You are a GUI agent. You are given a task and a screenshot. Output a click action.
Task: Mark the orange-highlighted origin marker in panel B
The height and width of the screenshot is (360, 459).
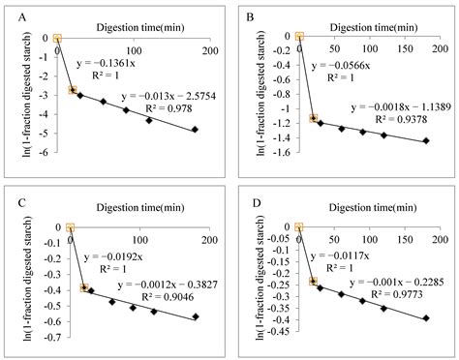pos(300,37)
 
